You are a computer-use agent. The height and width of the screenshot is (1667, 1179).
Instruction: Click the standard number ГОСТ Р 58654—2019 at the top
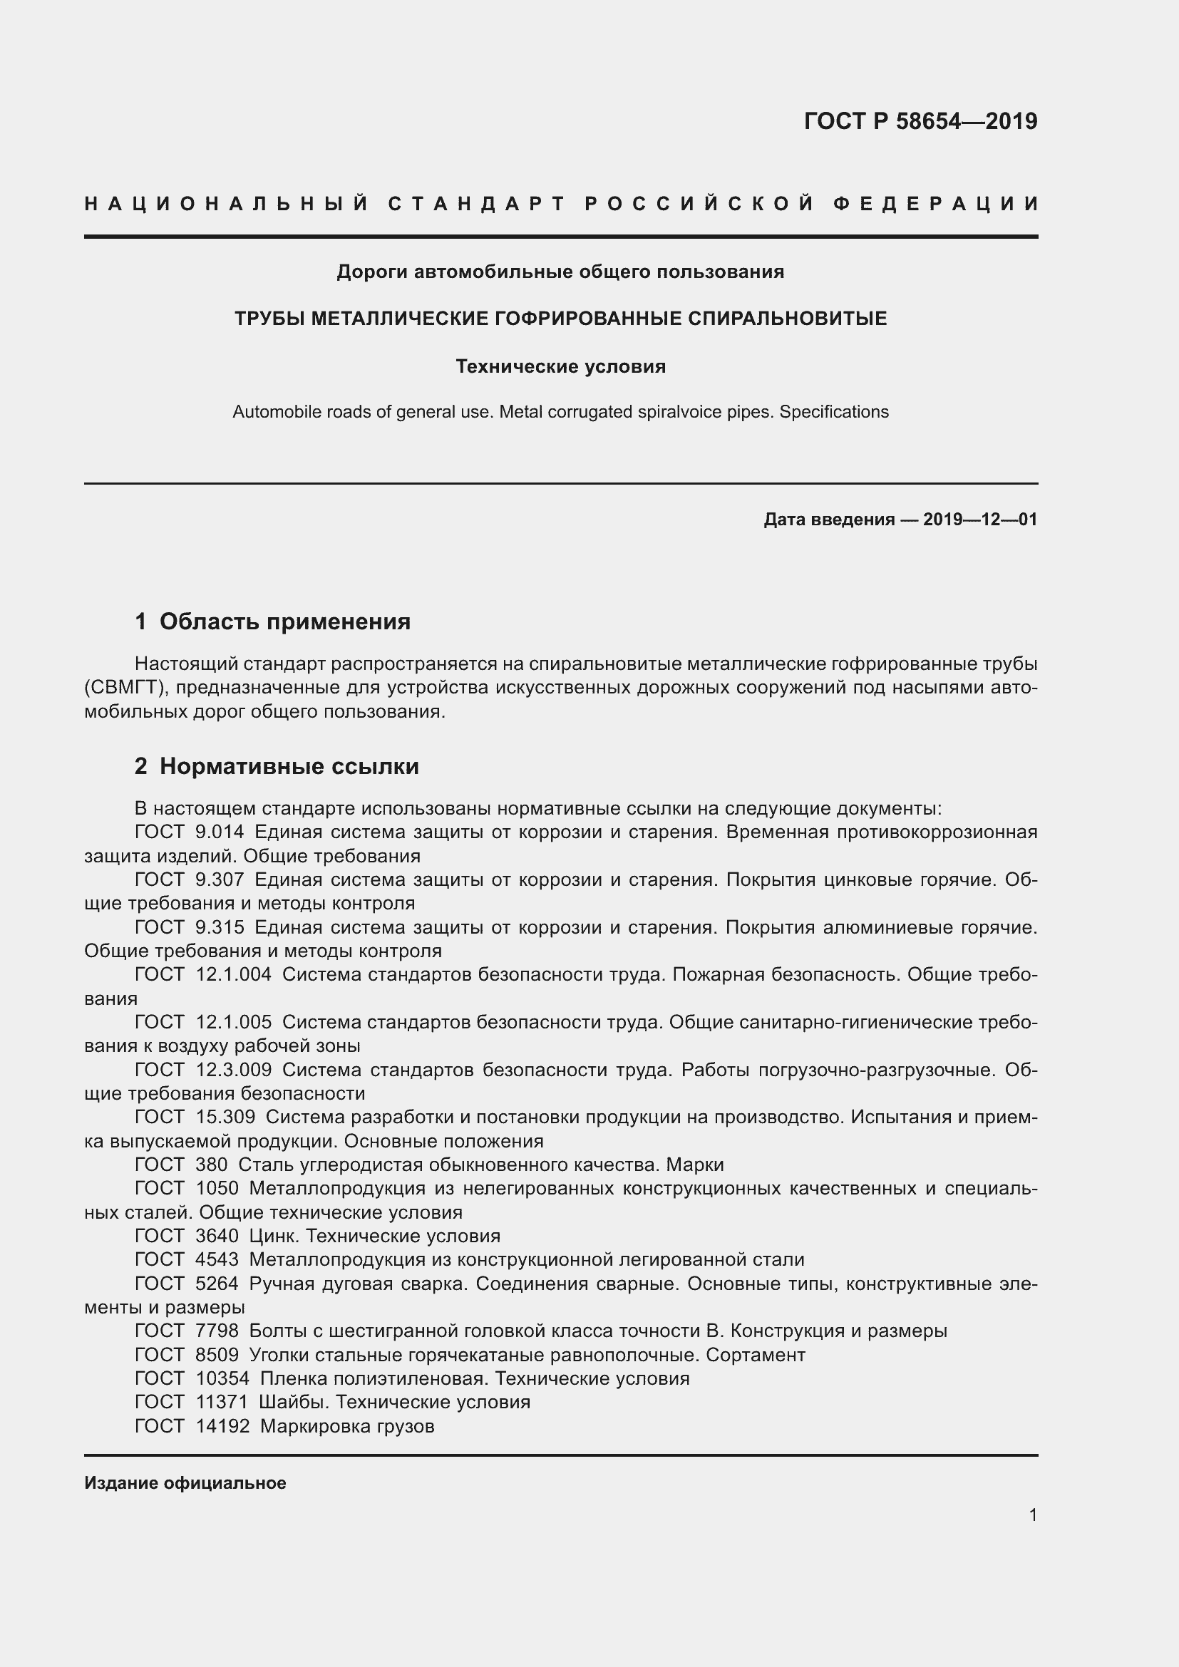[920, 121]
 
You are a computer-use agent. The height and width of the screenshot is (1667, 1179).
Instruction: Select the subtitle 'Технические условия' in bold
[560, 366]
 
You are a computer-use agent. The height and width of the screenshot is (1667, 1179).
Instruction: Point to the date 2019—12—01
[980, 520]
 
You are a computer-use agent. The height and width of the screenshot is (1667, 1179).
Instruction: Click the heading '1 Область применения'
[272, 621]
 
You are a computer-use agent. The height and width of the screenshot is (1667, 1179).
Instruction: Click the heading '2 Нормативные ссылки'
[277, 767]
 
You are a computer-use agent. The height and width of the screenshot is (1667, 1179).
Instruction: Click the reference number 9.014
[220, 832]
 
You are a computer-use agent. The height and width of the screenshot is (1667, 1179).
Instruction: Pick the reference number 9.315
[220, 928]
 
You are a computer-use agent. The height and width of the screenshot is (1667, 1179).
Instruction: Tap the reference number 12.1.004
[233, 975]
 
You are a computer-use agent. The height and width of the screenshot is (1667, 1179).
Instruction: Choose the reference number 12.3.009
[233, 1070]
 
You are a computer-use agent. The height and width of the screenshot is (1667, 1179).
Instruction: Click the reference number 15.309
[225, 1118]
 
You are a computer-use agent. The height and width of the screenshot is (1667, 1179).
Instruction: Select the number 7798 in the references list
[217, 1331]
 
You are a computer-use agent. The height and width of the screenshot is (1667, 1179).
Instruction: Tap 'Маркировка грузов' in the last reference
[347, 1427]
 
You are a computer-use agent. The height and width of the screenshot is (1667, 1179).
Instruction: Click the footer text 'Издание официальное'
[185, 1483]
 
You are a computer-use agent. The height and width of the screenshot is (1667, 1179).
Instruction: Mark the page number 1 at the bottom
[1032, 1515]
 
